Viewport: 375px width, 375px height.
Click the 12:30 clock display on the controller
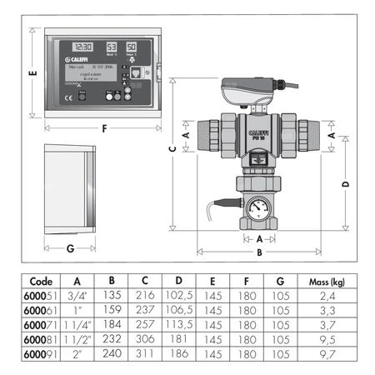pyautogui.click(x=82, y=47)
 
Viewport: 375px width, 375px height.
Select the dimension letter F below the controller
pyautogui.click(x=103, y=129)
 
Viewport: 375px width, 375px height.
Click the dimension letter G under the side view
pyautogui.click(x=70, y=248)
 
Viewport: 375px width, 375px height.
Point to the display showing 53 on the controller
pyautogui.click(x=112, y=47)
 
